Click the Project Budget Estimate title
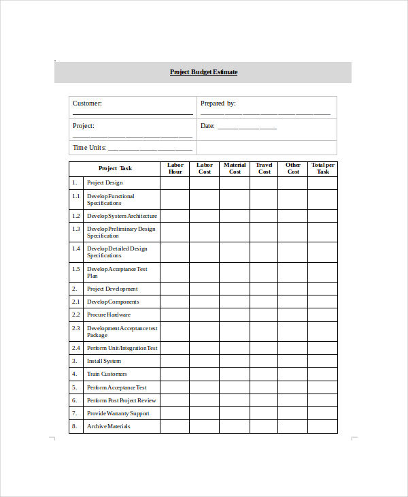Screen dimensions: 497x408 coord(203,72)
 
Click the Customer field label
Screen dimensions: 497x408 coord(87,103)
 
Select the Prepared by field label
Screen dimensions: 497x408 coord(218,103)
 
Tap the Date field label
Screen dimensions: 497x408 coord(207,126)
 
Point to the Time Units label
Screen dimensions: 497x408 coord(89,148)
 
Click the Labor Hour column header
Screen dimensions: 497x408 coord(175,168)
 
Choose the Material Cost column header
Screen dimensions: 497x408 coord(235,168)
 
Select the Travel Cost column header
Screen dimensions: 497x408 coord(264,168)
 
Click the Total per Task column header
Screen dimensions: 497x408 coord(322,168)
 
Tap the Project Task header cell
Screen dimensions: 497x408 coord(115,168)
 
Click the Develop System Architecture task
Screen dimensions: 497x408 coord(122,216)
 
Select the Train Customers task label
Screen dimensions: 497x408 coord(107,374)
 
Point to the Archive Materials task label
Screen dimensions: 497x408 coord(108,426)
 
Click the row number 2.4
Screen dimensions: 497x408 coord(75,348)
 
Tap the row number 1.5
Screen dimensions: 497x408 coord(75,269)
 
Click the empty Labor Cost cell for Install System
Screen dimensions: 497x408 coord(204,361)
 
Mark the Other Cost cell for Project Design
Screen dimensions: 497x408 coord(293,182)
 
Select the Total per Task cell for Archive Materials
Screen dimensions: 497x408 coord(322,426)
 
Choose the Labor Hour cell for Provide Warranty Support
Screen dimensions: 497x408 coord(175,413)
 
